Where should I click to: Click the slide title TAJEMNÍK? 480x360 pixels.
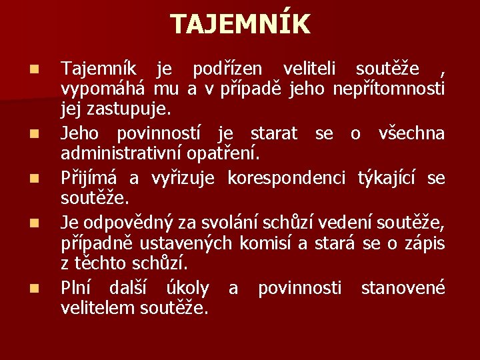pos(240,25)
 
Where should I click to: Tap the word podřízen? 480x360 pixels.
pos(228,69)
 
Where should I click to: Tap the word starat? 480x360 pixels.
pos(273,133)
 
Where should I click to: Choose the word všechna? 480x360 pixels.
pos(411,133)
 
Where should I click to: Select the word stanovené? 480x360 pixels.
pos(403,288)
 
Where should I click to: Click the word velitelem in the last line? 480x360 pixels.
pos(99,309)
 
